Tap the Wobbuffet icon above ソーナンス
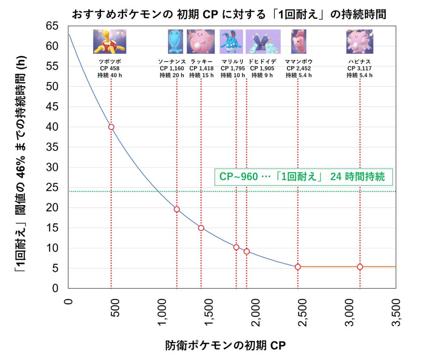point(175,42)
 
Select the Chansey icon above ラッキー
point(201,42)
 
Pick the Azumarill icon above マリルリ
point(232,42)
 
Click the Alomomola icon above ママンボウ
point(298,42)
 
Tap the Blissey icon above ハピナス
point(359,42)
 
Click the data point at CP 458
point(111,127)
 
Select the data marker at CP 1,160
point(177,209)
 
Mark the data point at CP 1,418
point(201,228)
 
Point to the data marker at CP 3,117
point(360,267)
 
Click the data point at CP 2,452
point(298,267)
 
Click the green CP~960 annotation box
point(302,177)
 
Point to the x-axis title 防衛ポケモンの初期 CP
point(225,346)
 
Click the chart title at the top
point(229,14)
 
